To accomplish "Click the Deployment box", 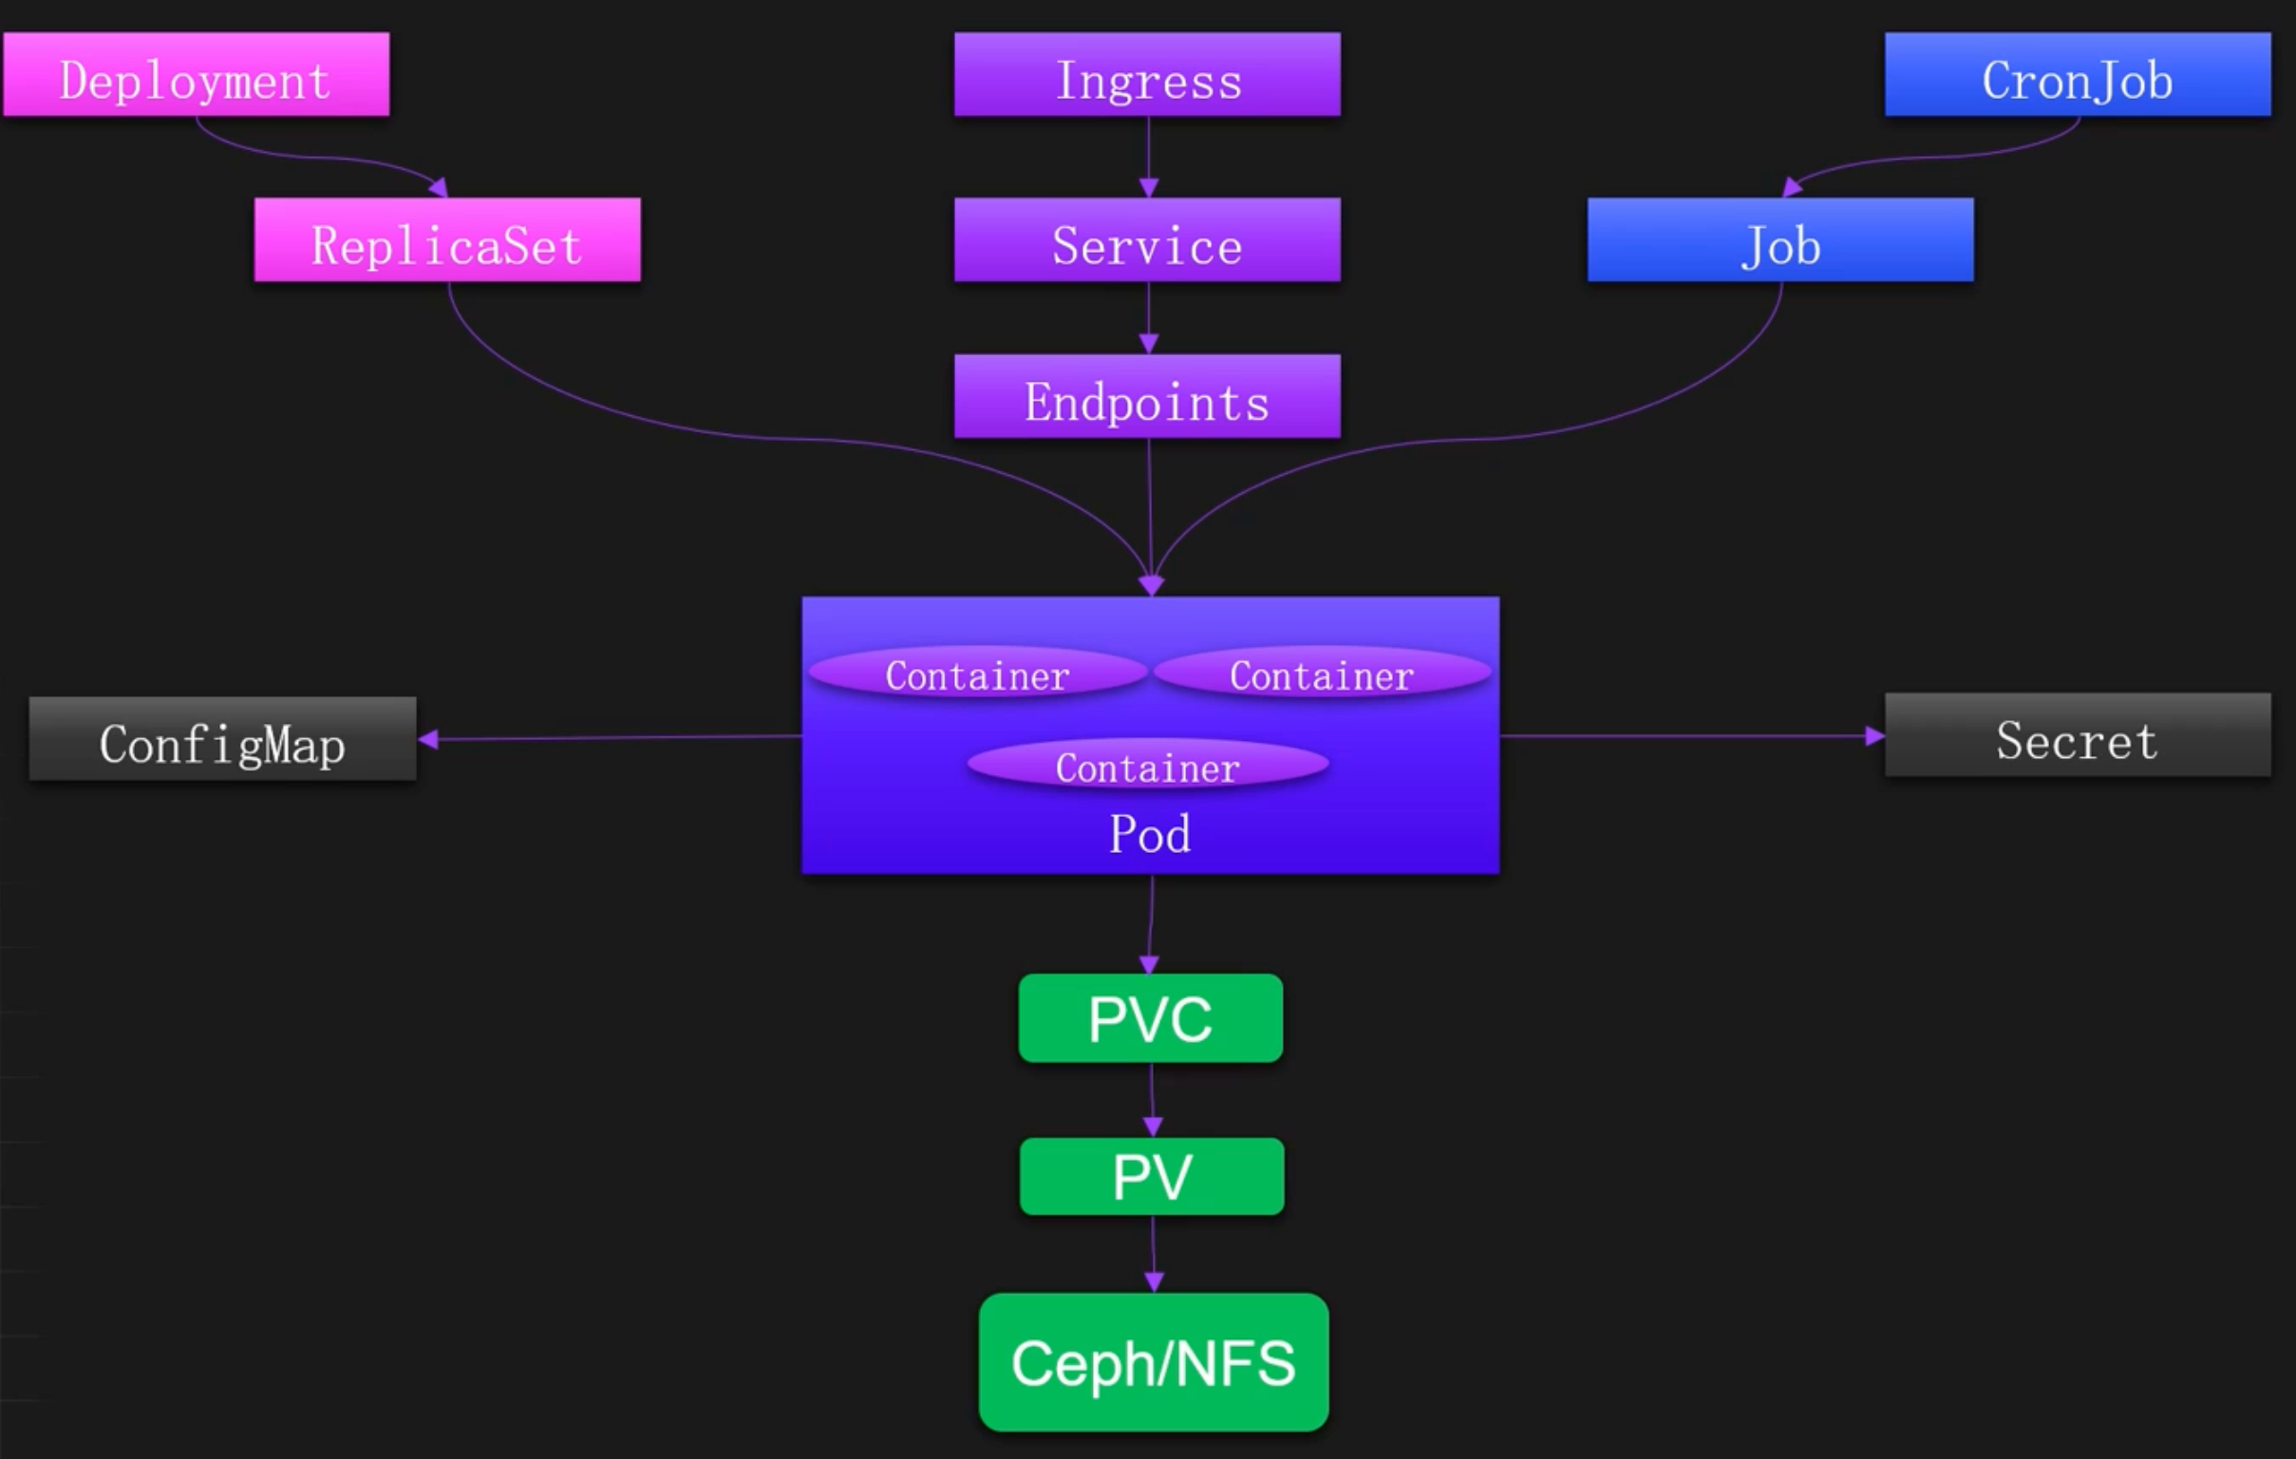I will coord(197,75).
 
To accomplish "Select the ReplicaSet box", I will coord(447,240).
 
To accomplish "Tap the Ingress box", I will coord(1147,75).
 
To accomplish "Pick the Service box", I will coord(1147,240).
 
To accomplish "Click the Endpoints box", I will coord(1147,397).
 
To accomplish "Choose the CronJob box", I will coord(2078,75).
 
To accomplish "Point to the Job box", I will coord(1780,240).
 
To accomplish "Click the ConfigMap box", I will coord(222,739).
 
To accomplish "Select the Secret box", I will coord(2078,735).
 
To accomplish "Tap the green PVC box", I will coord(1150,1017).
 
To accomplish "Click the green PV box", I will coord(1152,1176).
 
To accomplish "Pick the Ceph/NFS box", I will coord(1154,1362).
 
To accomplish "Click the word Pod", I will coord(1150,834).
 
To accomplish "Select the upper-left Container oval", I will coord(977,674).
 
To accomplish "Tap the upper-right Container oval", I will coord(1322,674).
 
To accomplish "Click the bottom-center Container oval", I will coord(1147,766).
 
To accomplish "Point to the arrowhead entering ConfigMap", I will coord(428,739).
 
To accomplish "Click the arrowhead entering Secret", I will coord(1874,736).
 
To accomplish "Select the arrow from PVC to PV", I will coord(1152,1100).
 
